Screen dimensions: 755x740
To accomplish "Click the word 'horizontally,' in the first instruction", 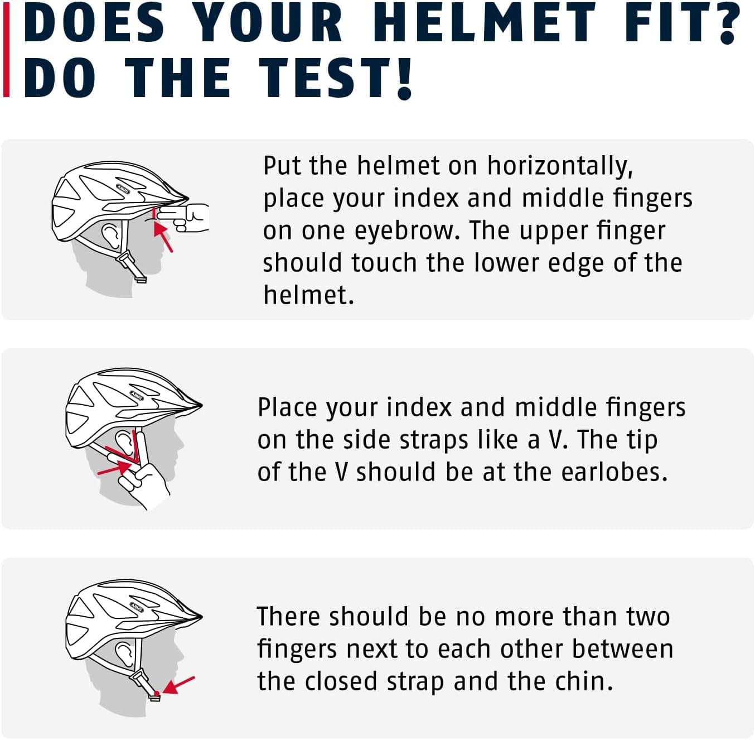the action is click(x=560, y=166).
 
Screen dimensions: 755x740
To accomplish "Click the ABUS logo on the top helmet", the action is click(x=123, y=189).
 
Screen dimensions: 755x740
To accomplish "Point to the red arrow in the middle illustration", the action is click(x=114, y=468).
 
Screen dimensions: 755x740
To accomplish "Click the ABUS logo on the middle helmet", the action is click(x=137, y=396).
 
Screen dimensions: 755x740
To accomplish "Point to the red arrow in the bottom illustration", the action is click(x=178, y=685).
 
